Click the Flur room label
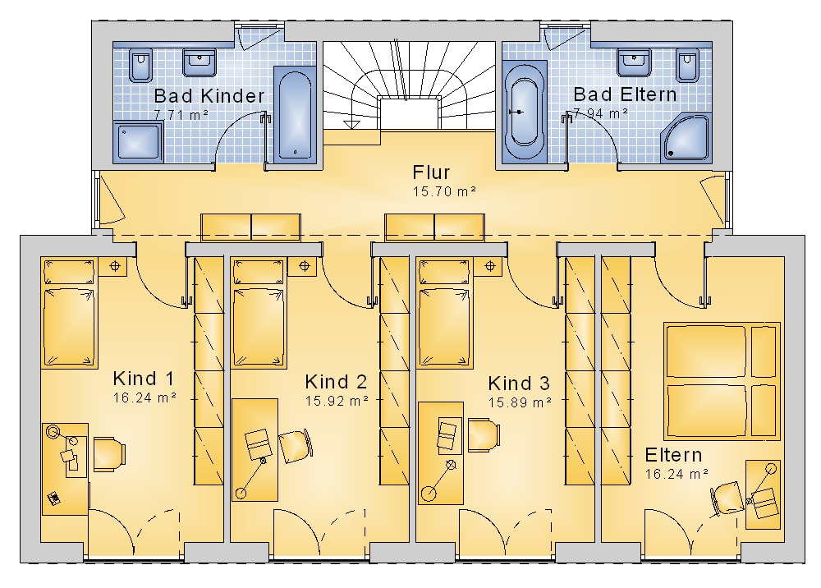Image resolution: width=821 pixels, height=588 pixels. pyautogui.click(x=431, y=172)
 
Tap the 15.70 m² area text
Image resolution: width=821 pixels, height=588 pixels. pyautogui.click(x=444, y=191)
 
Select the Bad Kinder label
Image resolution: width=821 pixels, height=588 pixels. pyautogui.click(x=209, y=96)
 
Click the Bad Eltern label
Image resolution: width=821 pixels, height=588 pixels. pyautogui.click(x=625, y=94)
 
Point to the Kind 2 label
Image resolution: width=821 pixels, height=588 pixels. pyautogui.click(x=336, y=382)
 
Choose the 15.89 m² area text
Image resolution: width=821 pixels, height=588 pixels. pyautogui.click(x=520, y=402)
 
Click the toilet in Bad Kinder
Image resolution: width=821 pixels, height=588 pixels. pyautogui.click(x=140, y=66)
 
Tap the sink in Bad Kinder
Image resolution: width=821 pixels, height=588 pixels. pyautogui.click(x=199, y=62)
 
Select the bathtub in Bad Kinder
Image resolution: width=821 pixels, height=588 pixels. pyautogui.click(x=295, y=115)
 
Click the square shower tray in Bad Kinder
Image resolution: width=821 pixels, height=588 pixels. pyautogui.click(x=138, y=142)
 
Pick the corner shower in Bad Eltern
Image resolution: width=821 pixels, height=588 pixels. pyautogui.click(x=686, y=138)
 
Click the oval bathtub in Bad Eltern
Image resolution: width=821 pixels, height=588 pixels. pyautogui.click(x=524, y=112)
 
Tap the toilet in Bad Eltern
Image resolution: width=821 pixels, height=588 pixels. pyautogui.click(x=687, y=66)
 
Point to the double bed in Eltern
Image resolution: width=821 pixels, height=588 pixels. pyautogui.click(x=722, y=381)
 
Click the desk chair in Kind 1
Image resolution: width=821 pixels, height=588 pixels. pyautogui.click(x=109, y=454)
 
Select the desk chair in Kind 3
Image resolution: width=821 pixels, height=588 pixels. pyautogui.click(x=484, y=434)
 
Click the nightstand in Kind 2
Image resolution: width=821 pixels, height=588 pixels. pyautogui.click(x=305, y=266)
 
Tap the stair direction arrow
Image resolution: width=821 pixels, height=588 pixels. pyautogui.click(x=351, y=123)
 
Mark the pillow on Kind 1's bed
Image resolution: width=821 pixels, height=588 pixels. pyautogui.click(x=69, y=272)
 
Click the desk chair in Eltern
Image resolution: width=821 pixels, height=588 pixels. pyautogui.click(x=727, y=498)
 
